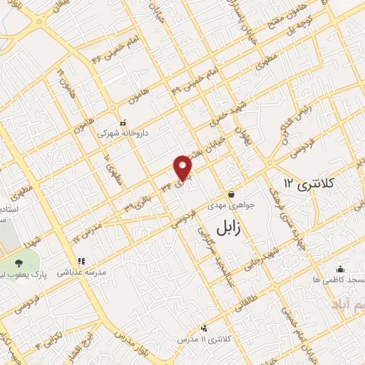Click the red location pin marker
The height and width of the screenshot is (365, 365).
click(184, 168)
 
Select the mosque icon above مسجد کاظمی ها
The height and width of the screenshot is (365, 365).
click(341, 269)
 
